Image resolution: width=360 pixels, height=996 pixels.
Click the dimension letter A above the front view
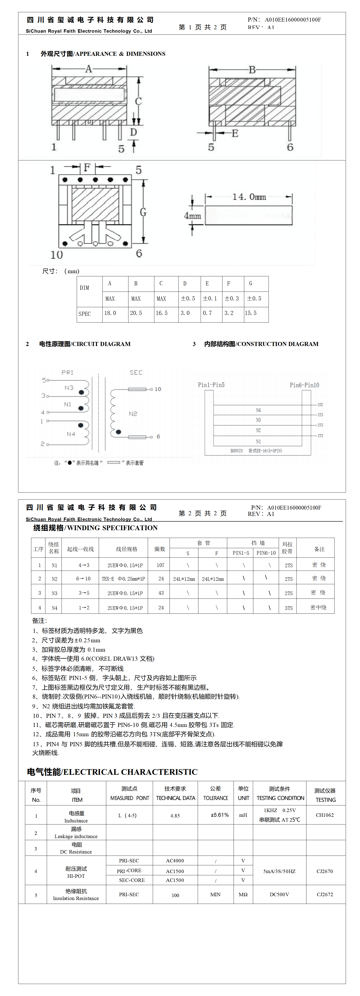coord(89,69)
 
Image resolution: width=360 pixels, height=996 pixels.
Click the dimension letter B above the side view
coord(252,70)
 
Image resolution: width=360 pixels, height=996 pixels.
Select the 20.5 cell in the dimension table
coord(136,313)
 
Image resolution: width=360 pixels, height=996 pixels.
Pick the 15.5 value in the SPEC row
coord(251,313)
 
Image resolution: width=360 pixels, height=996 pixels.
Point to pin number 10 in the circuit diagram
coord(158,389)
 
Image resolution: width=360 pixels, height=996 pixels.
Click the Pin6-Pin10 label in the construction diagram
coord(304,385)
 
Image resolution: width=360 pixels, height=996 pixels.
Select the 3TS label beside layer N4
coord(320,405)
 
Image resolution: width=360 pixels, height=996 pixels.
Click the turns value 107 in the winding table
coord(160,565)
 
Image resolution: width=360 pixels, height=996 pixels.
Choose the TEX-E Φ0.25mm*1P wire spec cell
coord(123,579)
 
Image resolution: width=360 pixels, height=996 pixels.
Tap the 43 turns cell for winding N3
coord(161,593)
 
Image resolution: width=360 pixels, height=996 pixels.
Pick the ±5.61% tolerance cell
coord(220,815)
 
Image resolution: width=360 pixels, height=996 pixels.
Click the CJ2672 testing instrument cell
coord(324,894)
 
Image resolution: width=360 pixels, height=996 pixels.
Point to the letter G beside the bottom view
coord(143,212)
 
